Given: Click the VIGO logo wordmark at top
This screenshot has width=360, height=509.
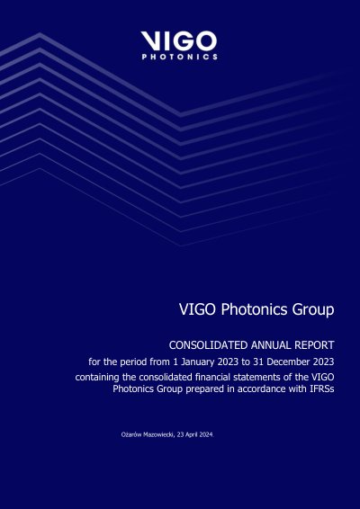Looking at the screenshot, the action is coord(179,40).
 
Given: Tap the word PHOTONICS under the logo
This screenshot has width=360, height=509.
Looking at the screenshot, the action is coord(180,58).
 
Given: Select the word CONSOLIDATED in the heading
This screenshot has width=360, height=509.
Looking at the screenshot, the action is coord(208,345).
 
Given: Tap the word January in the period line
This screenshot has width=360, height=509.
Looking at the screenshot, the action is coord(197,362).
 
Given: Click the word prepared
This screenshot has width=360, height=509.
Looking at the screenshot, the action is coord(202,389).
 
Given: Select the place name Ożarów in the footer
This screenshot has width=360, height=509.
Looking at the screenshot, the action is coord(129,434).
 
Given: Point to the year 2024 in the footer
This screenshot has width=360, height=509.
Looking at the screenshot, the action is coord(205,434).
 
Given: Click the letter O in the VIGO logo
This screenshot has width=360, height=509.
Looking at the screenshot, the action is coord(205,40).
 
